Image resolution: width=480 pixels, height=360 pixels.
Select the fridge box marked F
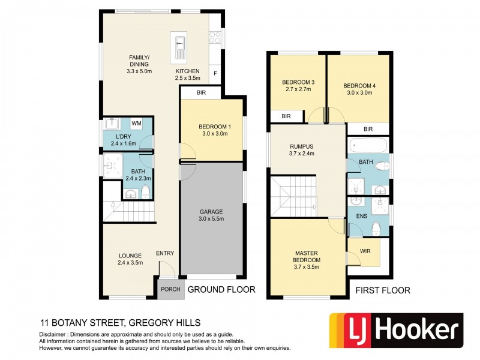(x=215, y=74)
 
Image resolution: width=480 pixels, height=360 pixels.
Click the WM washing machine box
(x=136, y=123)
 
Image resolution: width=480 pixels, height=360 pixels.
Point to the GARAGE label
(x=211, y=212)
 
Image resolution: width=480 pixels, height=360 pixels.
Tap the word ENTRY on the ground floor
(x=165, y=254)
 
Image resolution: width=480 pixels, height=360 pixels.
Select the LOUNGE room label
(x=130, y=254)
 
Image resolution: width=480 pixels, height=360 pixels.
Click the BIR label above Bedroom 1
(x=200, y=93)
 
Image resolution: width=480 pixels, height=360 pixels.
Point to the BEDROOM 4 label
(x=359, y=85)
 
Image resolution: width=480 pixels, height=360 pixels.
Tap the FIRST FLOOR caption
(x=383, y=290)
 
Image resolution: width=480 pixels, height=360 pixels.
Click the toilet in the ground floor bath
(x=145, y=191)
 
